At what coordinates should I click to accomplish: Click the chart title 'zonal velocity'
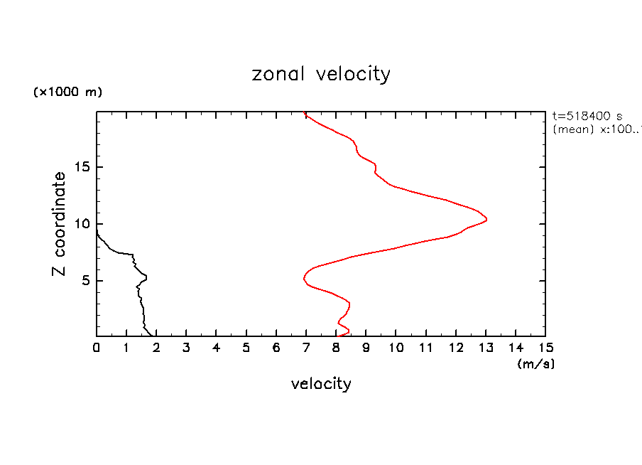coord(321,74)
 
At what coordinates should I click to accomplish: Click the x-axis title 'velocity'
coord(321,384)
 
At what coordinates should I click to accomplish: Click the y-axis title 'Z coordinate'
coord(60,224)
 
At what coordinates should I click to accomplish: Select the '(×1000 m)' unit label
coord(67,92)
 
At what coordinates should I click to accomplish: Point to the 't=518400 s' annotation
coord(587,116)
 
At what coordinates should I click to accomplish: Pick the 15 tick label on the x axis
coord(545,348)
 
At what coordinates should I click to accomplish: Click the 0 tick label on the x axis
coord(97,348)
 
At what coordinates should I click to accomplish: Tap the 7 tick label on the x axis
coord(306,348)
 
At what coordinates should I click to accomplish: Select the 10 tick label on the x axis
coord(396,348)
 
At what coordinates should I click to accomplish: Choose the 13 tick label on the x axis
coord(486,348)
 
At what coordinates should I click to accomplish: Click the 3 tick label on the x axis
coord(187,348)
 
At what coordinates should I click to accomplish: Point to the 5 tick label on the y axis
coord(84,281)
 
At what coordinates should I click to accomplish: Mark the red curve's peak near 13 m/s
coord(486,220)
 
